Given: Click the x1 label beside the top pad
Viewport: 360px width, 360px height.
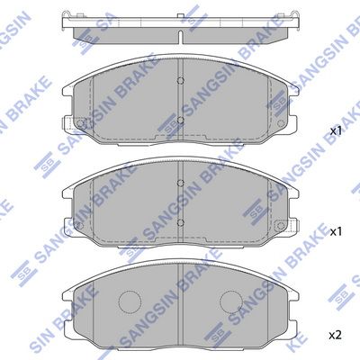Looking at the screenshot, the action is tap(336, 130).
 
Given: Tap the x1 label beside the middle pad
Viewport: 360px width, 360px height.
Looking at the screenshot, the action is tap(336, 231).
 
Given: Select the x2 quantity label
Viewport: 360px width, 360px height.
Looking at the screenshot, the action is tap(336, 335).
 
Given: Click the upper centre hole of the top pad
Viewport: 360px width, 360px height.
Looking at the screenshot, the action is tap(180, 80).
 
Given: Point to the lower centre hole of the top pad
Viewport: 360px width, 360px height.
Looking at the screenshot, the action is tap(180, 121).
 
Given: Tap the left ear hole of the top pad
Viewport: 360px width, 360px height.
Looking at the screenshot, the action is tap(80, 123).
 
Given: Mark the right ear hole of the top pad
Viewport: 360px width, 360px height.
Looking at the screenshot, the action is tap(281, 123).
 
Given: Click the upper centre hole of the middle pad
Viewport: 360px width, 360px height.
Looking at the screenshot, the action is tap(180, 183).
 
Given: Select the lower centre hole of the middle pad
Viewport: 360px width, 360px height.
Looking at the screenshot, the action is tap(180, 222).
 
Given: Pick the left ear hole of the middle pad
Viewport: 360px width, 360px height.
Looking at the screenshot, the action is tap(80, 225).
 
